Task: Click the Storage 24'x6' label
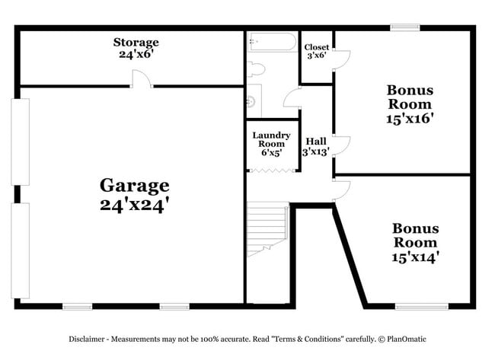[x=136, y=48]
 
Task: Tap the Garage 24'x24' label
[x=134, y=194]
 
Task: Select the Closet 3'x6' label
[x=316, y=51]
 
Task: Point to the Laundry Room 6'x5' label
[x=271, y=145]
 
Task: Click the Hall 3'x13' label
[x=316, y=146]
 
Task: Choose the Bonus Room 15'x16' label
[x=410, y=104]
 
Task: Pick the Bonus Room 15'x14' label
[x=415, y=242]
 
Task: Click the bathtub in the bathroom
[x=272, y=43]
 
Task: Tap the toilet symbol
[x=257, y=69]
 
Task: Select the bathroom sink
[x=251, y=100]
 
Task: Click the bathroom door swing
[x=292, y=97]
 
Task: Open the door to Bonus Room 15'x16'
[x=341, y=145]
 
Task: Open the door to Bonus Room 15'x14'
[x=340, y=190]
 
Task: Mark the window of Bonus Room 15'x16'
[x=405, y=28]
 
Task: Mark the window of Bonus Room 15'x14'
[x=421, y=306]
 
